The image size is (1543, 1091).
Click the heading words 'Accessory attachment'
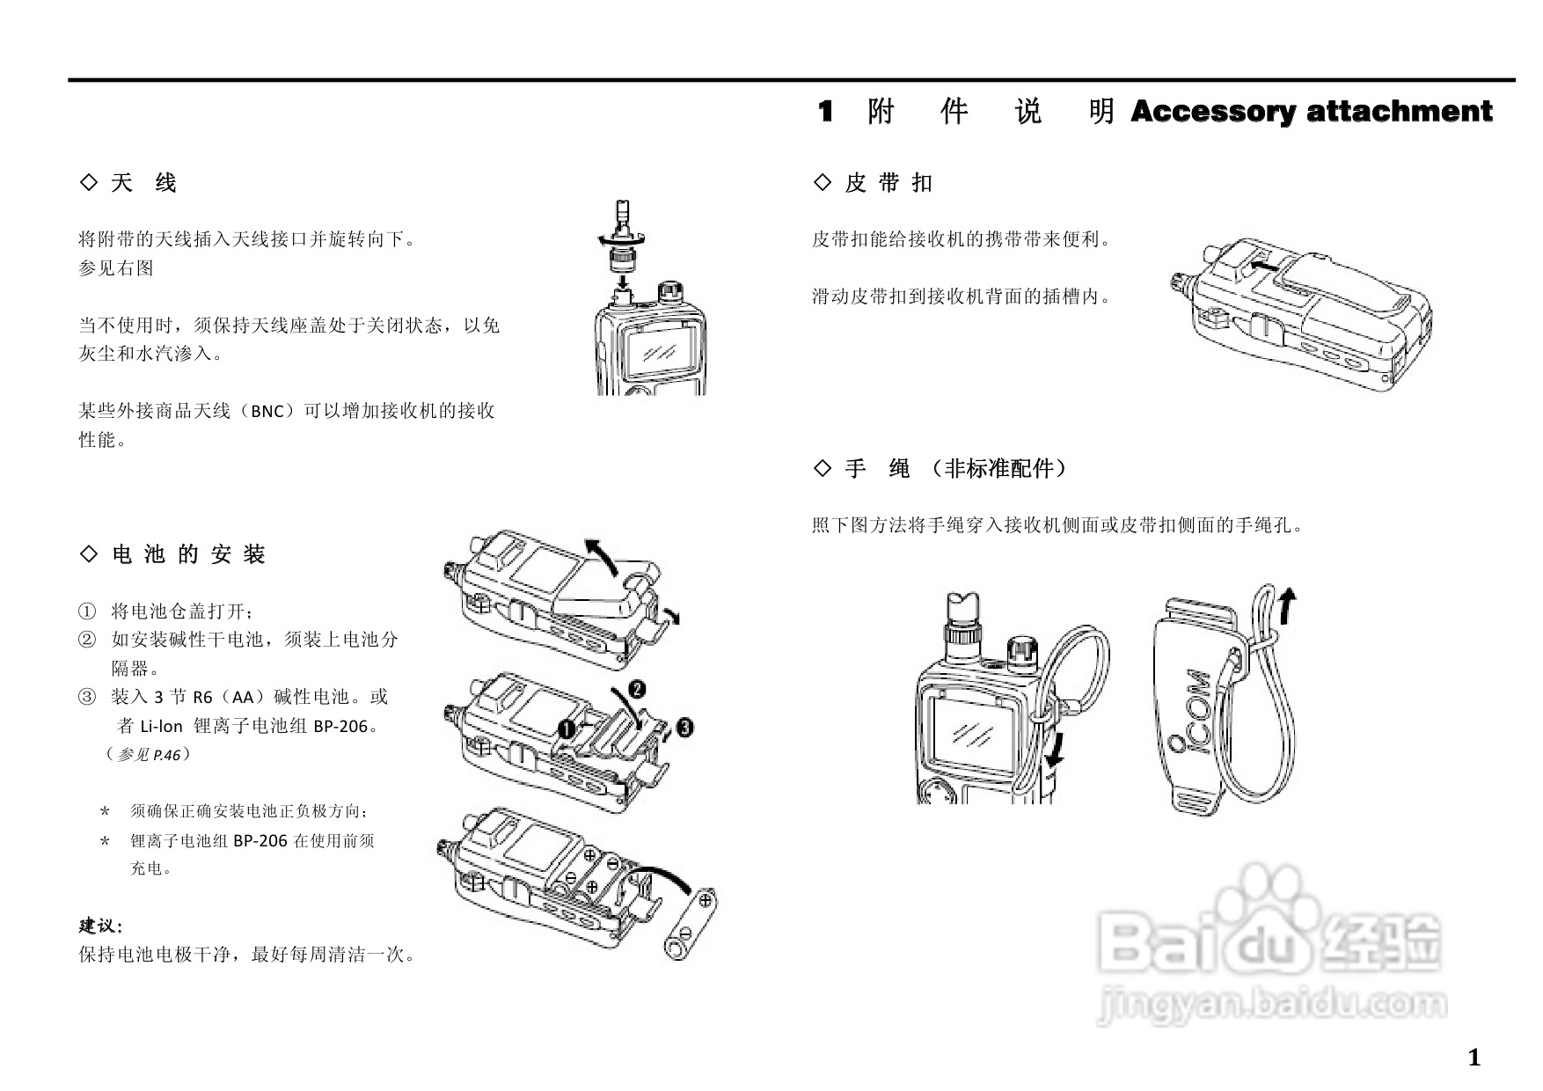[1311, 112]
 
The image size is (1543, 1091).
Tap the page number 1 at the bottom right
[1474, 1058]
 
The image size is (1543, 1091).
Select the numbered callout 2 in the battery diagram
[637, 687]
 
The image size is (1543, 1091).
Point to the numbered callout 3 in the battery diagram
[685, 728]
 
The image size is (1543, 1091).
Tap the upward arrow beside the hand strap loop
[1288, 606]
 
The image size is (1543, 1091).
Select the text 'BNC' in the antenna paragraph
[267, 412]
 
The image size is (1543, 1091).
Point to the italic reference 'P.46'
[166, 755]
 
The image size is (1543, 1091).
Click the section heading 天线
[143, 183]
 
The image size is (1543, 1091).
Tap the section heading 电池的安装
[188, 554]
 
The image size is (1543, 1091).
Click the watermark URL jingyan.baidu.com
[1271, 1004]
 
